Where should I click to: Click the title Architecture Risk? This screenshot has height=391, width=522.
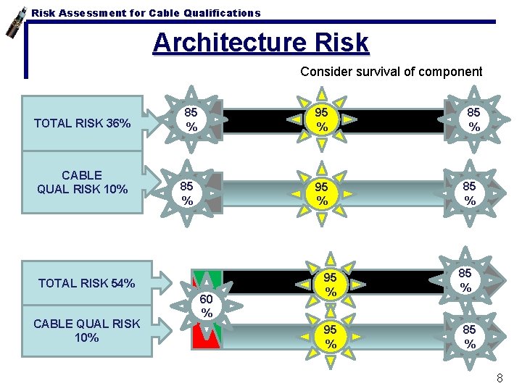[x=260, y=43]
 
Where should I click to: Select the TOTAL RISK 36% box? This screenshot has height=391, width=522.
[x=83, y=123]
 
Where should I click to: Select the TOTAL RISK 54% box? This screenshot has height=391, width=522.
[x=87, y=283]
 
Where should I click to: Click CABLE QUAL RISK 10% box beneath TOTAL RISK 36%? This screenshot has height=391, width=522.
[x=83, y=182]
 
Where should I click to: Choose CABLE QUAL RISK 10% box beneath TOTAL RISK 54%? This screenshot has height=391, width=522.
[x=87, y=330]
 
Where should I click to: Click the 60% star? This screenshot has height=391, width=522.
[x=207, y=306]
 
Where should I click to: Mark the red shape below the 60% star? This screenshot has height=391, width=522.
[x=207, y=335]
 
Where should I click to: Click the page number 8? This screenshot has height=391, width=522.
[x=500, y=378]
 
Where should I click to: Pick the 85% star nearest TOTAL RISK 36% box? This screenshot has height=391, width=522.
[x=191, y=119]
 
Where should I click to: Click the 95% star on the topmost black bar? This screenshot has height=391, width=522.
[x=322, y=119]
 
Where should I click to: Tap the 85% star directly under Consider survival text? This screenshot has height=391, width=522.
[x=473, y=119]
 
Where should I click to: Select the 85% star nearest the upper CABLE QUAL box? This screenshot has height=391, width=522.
[x=187, y=193]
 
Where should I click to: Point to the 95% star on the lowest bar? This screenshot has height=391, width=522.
[x=330, y=337]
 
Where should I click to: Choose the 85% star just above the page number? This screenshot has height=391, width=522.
[x=470, y=337]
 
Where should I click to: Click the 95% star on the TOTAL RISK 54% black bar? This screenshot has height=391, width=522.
[x=330, y=285]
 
